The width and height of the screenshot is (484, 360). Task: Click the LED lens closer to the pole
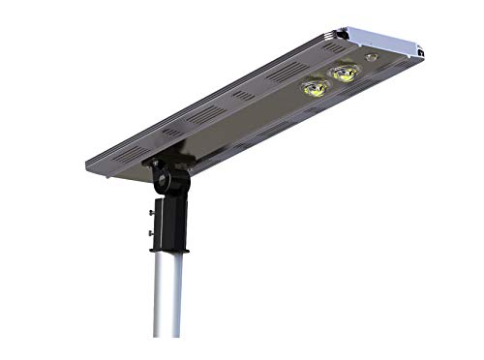313,88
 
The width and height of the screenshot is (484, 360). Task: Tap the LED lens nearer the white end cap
342,73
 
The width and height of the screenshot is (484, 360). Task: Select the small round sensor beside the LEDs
372,59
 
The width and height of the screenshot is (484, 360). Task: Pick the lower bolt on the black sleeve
151,231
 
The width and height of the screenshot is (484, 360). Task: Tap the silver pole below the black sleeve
167,300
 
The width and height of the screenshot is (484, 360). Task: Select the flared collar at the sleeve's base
169,251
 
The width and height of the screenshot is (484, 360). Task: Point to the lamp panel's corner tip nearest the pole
115,175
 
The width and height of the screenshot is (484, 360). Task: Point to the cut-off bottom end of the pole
167,335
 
